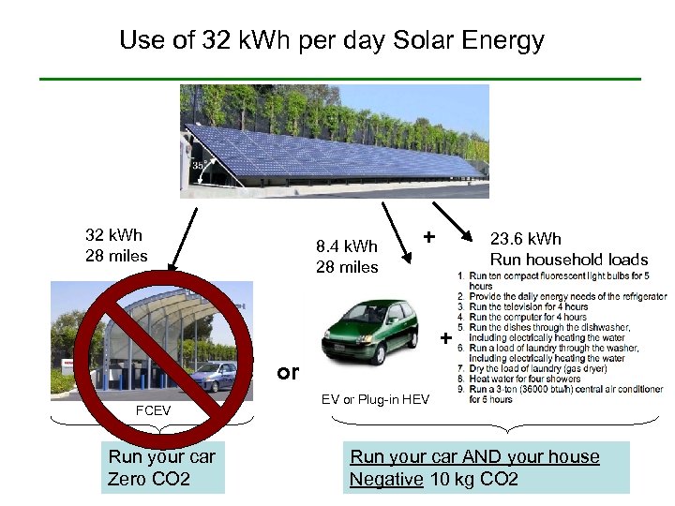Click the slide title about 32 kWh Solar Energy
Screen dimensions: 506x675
click(332, 41)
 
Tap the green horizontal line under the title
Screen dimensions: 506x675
click(339, 79)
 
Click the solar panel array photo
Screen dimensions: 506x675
click(335, 141)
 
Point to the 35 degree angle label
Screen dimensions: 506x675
click(199, 166)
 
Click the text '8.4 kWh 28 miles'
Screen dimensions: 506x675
click(347, 257)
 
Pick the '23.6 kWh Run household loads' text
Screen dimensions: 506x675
click(568, 249)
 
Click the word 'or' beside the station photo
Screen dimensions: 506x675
click(288, 372)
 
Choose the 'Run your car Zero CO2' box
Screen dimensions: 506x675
click(162, 468)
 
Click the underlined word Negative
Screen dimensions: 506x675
click(385, 480)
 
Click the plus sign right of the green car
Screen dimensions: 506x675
click(445, 336)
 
